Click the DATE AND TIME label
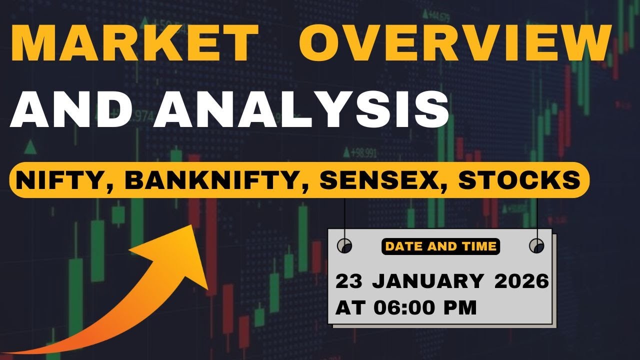click(440, 246)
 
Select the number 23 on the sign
click(348, 281)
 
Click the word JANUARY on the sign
click(427, 281)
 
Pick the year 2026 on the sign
click(521, 281)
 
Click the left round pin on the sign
click(344, 245)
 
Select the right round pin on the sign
click(536, 245)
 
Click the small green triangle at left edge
click(30, 147)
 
